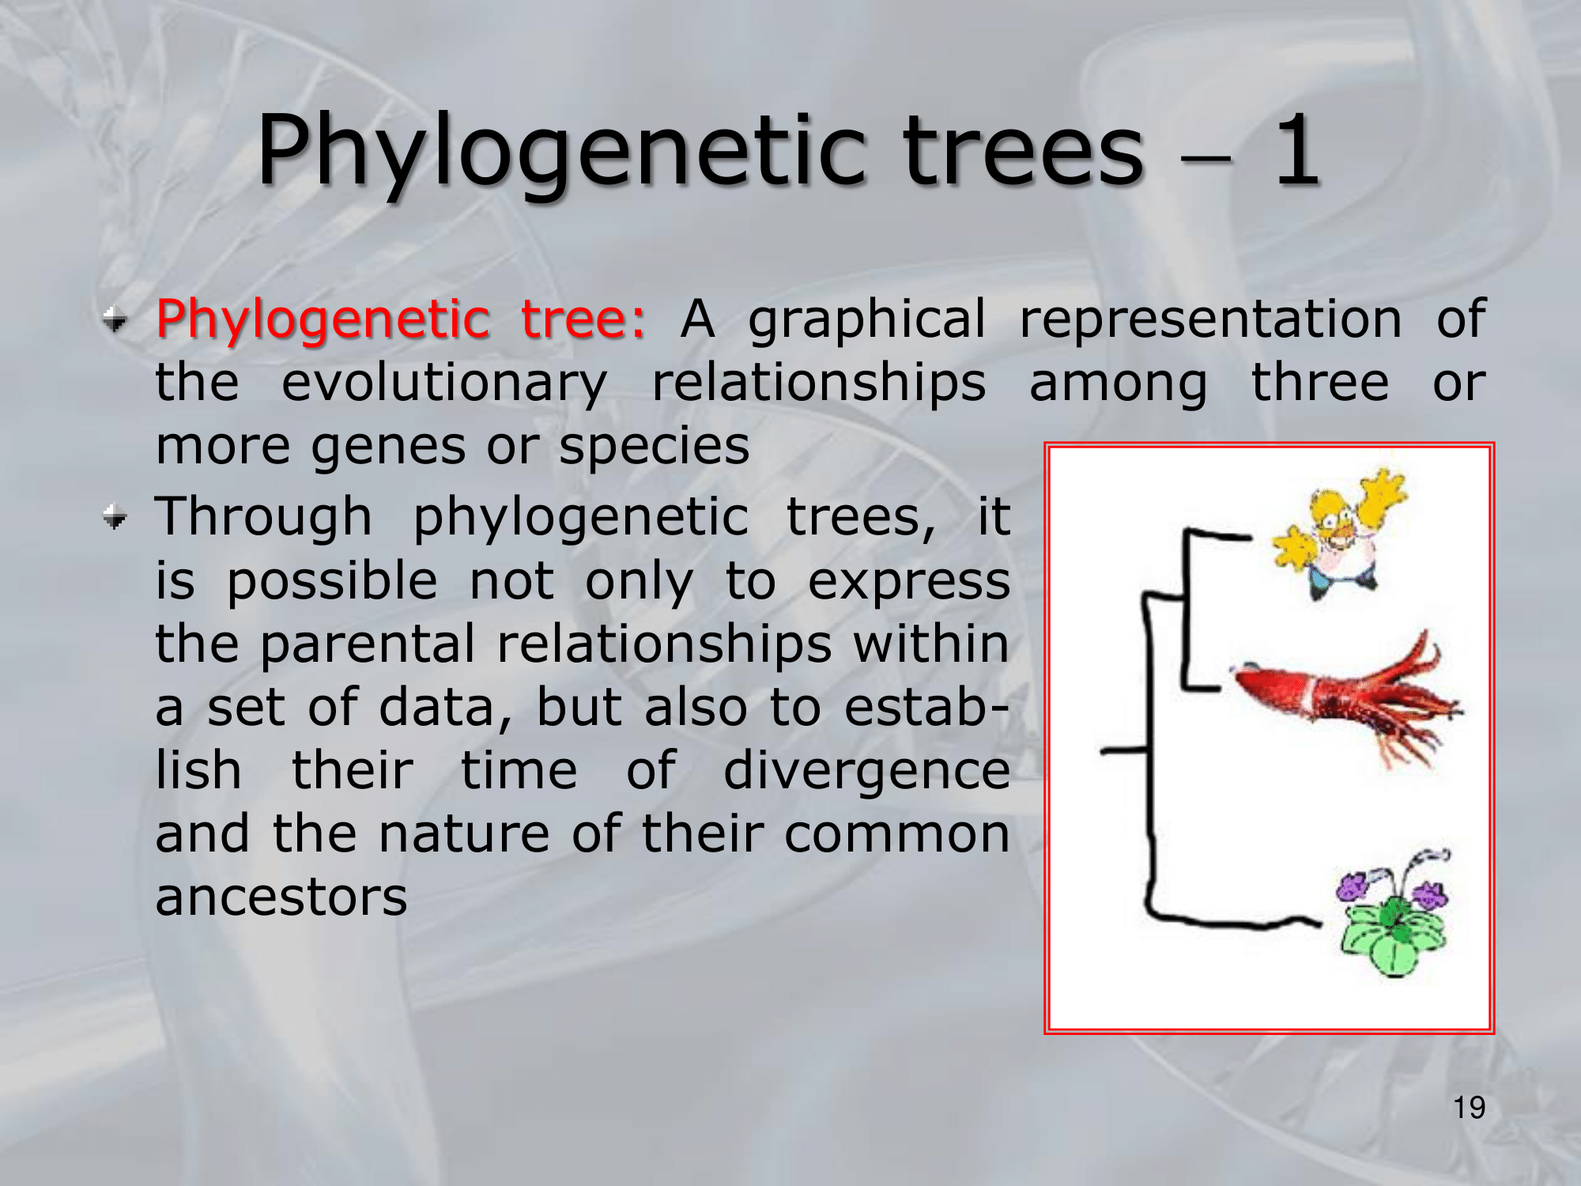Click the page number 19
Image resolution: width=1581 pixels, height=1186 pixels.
tap(1469, 1108)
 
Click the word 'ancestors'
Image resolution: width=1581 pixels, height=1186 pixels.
tap(281, 897)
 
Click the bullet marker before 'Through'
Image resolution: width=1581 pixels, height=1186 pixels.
tap(115, 519)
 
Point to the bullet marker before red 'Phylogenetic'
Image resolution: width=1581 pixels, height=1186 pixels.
tap(115, 321)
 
